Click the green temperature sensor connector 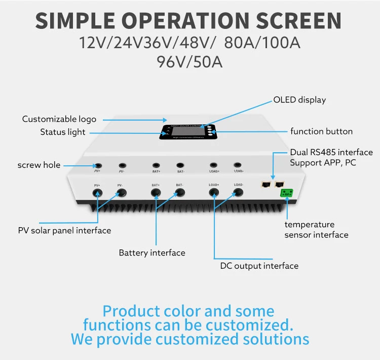(287, 193)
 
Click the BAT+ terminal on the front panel (156, 193)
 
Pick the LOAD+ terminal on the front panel (214, 193)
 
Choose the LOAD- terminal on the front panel (239, 193)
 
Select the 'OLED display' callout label (299, 100)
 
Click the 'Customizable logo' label (59, 119)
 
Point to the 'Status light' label (63, 132)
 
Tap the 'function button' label (321, 131)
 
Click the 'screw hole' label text (39, 165)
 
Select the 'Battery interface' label (152, 253)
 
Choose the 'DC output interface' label (259, 266)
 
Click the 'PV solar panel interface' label (64, 231)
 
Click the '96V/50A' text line (190, 62)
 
